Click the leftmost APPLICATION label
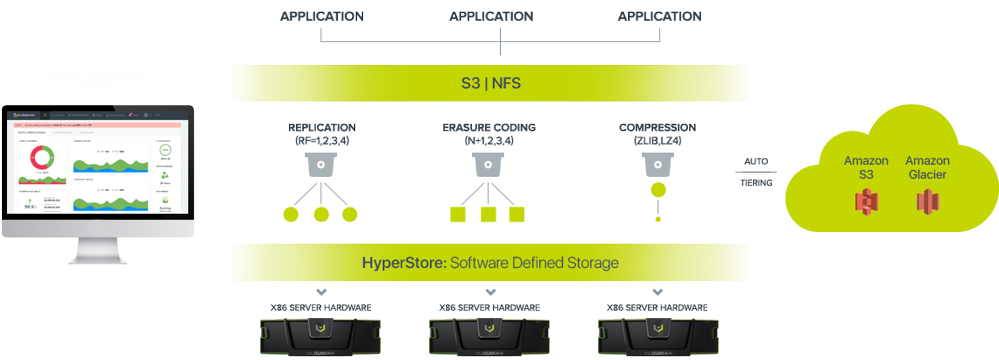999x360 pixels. click(x=321, y=16)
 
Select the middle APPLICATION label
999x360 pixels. click(x=490, y=16)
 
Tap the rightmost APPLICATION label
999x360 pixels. click(x=659, y=16)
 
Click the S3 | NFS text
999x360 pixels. click(x=490, y=83)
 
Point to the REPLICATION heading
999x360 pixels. click(x=321, y=128)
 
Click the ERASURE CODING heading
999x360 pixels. click(x=488, y=128)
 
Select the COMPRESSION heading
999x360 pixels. click(x=657, y=128)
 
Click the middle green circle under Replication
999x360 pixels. click(x=321, y=214)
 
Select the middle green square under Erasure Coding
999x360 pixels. click(x=488, y=214)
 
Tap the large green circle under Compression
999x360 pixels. click(x=657, y=189)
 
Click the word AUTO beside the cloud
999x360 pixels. click(x=757, y=160)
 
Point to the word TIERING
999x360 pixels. click(x=757, y=184)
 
